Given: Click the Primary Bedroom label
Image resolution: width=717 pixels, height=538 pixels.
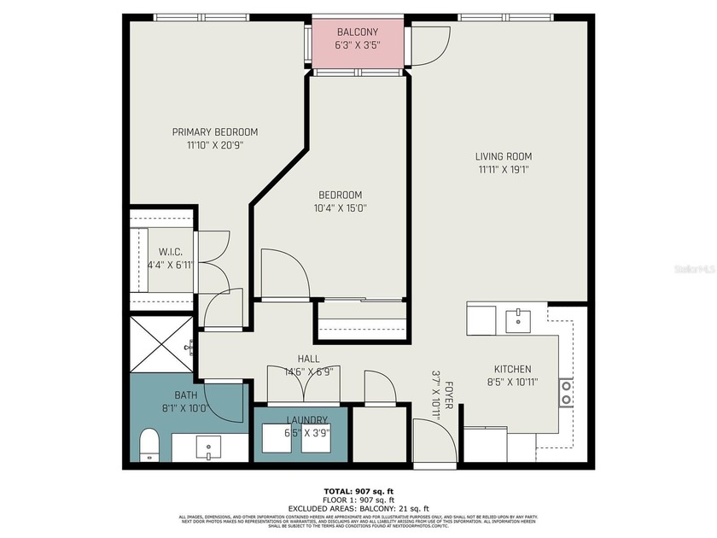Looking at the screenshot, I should click(x=215, y=132).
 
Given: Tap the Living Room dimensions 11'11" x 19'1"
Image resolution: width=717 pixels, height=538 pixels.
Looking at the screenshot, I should click(x=504, y=169).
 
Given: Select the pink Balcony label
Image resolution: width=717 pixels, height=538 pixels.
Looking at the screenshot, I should click(x=358, y=32).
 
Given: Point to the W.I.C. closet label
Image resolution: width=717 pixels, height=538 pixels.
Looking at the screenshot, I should click(x=171, y=252).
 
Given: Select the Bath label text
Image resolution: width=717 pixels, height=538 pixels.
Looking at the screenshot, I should click(x=186, y=395).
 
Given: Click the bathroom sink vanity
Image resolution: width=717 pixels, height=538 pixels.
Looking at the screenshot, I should click(x=208, y=447).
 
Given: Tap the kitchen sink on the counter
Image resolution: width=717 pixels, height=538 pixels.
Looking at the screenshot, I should click(x=518, y=320).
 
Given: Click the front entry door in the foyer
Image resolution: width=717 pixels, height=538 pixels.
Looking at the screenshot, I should click(x=435, y=442).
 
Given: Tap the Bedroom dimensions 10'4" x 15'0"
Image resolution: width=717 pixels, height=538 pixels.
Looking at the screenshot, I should click(x=341, y=208).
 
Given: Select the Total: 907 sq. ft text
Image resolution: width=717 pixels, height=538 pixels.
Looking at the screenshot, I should click(x=358, y=491).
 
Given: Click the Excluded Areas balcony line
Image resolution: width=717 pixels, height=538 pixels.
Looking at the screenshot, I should click(x=358, y=508).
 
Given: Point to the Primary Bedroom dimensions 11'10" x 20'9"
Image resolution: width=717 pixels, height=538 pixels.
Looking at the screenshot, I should click(x=215, y=145).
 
